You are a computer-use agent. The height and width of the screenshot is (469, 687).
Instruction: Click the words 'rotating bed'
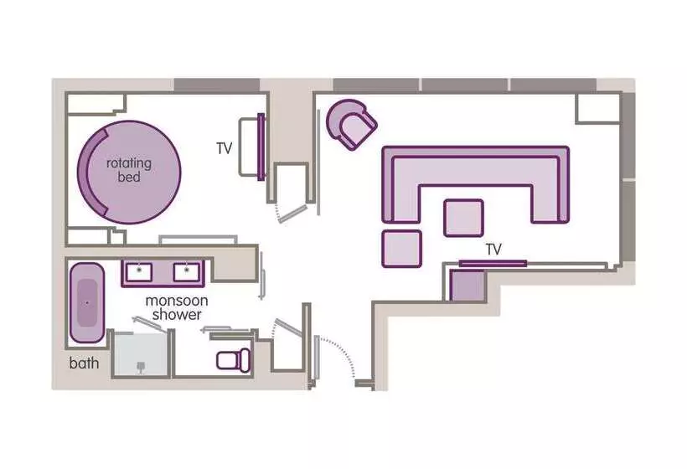tap(129, 170)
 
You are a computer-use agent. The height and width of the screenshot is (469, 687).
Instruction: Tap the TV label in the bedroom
tap(224, 148)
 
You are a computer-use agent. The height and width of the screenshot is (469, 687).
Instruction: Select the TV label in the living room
tap(493, 249)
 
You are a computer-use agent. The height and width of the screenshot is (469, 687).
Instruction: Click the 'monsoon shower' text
tap(173, 307)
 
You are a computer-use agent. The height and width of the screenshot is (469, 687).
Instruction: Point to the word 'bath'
tap(84, 363)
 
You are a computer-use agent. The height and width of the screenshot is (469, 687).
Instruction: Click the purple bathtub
tap(86, 302)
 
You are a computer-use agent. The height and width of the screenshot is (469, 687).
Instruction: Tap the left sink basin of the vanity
tap(138, 271)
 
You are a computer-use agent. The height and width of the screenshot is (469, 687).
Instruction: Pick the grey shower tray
tap(141, 353)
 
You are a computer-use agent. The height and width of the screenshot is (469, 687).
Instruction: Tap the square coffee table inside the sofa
tap(463, 217)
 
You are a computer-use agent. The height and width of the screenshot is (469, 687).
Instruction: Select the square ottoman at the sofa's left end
tap(402, 248)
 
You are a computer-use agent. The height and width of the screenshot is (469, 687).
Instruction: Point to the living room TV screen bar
tap(493, 263)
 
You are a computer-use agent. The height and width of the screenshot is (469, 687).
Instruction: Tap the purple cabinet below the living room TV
tap(468, 285)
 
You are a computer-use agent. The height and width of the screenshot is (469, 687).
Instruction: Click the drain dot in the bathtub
tap(85, 302)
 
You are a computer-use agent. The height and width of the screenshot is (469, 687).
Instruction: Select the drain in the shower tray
tap(141, 365)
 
